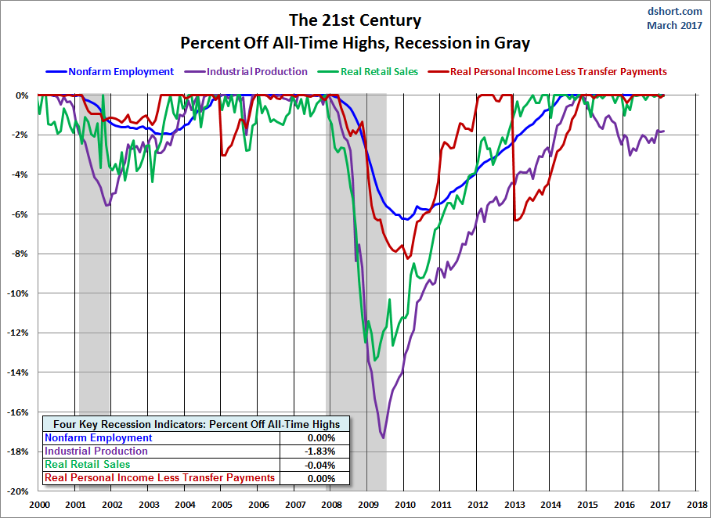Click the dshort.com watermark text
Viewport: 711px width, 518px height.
tap(676, 11)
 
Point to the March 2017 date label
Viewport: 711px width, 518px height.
tap(674, 25)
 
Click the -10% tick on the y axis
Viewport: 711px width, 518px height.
tap(17, 293)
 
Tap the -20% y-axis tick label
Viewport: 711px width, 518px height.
tap(17, 491)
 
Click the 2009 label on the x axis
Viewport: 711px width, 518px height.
tap(367, 505)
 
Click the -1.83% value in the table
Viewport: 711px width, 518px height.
tap(320, 451)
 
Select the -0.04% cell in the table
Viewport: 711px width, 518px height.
tap(320, 465)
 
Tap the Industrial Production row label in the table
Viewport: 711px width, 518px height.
tap(96, 451)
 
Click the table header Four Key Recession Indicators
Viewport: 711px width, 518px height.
tap(197, 424)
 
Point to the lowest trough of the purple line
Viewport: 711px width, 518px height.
tap(383, 437)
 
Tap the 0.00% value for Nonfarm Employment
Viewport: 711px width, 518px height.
tap(320, 438)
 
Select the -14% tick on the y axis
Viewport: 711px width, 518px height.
tap(17, 372)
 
